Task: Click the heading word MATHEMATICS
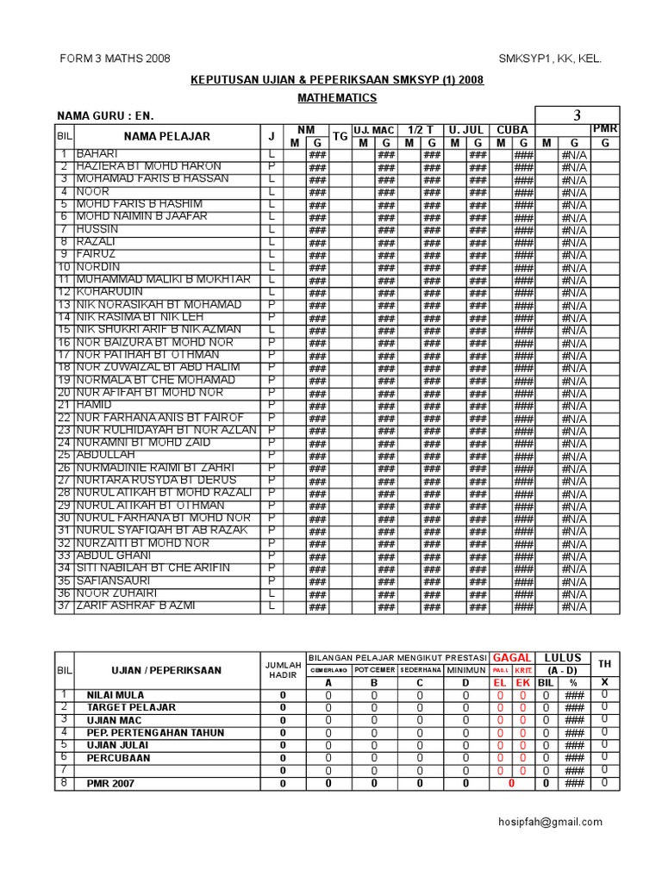(337, 98)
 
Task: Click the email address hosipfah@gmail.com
(554, 822)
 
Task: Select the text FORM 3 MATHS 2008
(115, 59)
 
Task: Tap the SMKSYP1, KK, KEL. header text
(550, 59)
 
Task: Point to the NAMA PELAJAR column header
(166, 136)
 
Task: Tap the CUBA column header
(512, 130)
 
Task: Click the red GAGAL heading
(511, 658)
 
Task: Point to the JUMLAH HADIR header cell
(284, 670)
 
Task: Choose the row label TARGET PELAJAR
(131, 707)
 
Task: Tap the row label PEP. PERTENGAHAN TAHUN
(155, 732)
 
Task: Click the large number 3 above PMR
(577, 116)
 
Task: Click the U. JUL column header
(465, 130)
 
